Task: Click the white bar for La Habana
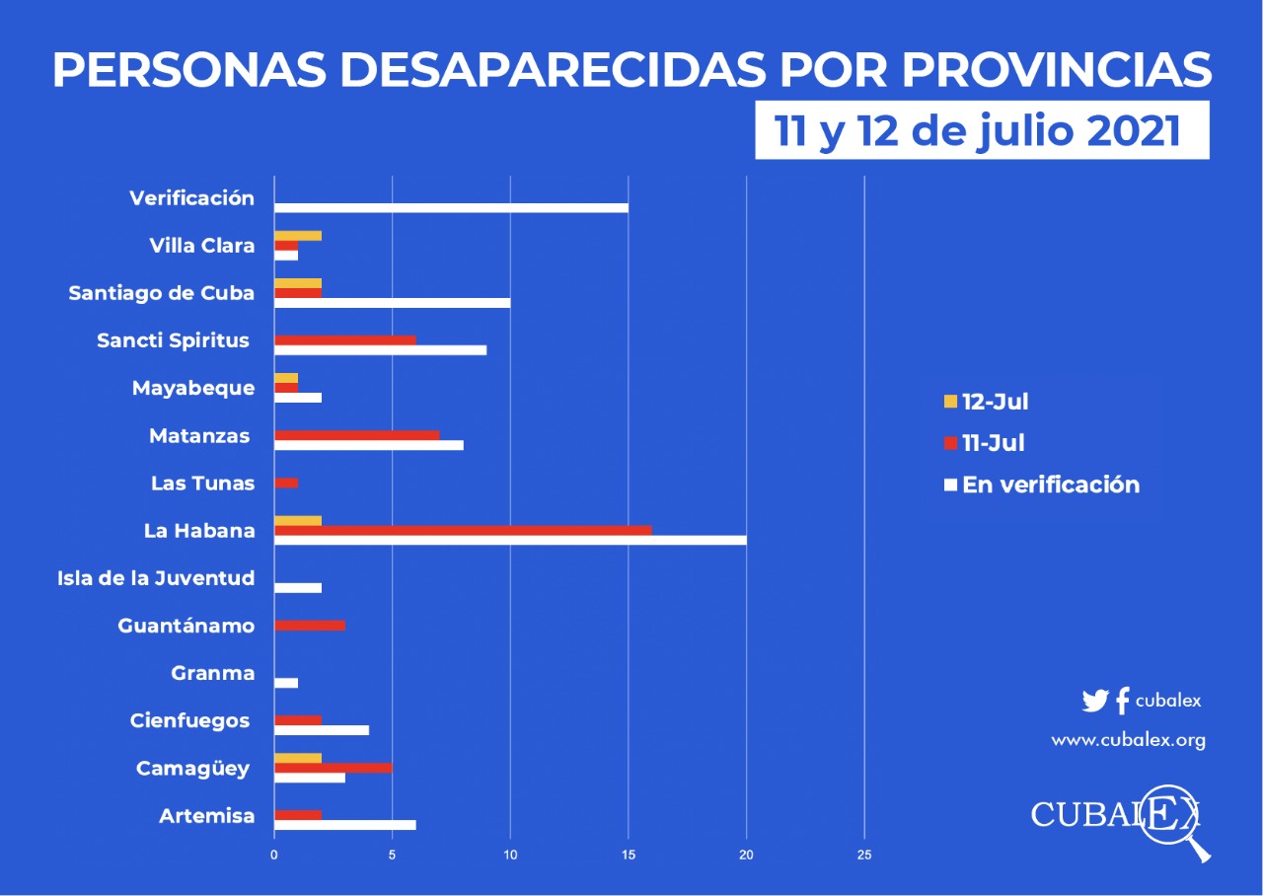click(x=510, y=541)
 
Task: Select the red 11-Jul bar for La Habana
click(x=463, y=530)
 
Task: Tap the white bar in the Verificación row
click(x=451, y=208)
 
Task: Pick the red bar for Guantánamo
click(x=310, y=626)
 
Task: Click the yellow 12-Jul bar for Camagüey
click(x=298, y=758)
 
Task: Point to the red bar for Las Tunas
click(x=286, y=483)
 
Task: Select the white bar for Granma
click(x=286, y=683)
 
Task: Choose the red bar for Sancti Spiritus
click(x=345, y=339)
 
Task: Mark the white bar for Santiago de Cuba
click(x=392, y=303)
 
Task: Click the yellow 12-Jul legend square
click(x=951, y=402)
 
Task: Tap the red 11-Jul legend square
click(x=951, y=443)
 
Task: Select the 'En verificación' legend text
click(x=1051, y=485)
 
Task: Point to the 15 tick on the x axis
click(x=629, y=855)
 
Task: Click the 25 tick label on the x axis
click(x=864, y=855)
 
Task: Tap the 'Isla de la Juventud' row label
click(x=156, y=578)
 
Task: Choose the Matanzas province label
click(x=199, y=435)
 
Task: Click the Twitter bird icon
click(x=1095, y=702)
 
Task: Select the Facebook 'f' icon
click(x=1122, y=702)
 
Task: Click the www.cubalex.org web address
click(x=1128, y=740)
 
